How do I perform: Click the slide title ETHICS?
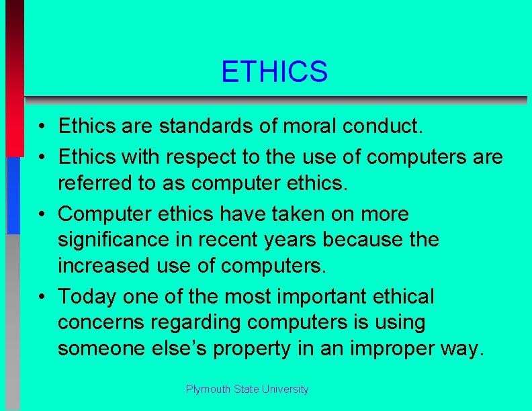coord(274,72)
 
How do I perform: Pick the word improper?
coord(406,349)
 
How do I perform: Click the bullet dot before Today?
coord(42,296)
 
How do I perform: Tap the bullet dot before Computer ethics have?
coord(42,214)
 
